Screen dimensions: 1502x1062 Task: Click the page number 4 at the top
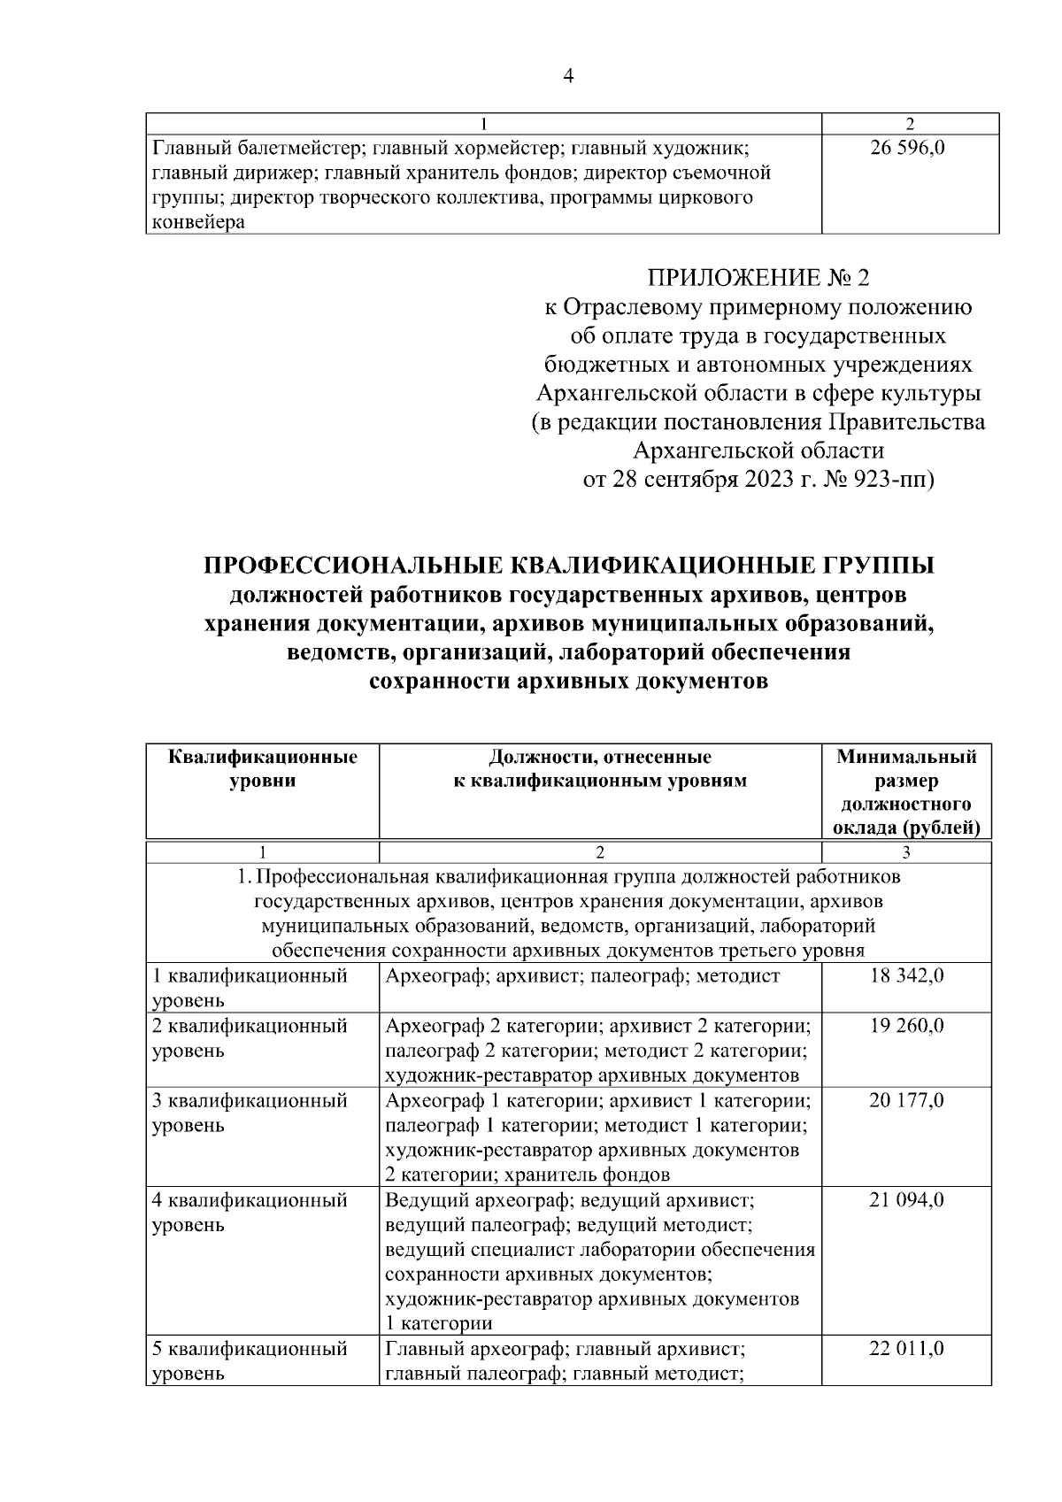click(567, 76)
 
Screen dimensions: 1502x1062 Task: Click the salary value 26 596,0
click(909, 148)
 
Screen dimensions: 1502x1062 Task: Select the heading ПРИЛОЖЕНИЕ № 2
click(758, 278)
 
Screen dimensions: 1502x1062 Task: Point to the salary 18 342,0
click(907, 975)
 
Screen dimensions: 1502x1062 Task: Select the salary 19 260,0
click(907, 1026)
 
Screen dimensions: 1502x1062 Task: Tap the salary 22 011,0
click(907, 1349)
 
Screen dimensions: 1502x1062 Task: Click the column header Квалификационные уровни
click(262, 769)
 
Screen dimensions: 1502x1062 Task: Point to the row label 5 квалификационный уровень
click(249, 1361)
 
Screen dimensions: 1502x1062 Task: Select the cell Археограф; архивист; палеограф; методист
click(582, 976)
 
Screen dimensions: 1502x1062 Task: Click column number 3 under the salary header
click(905, 852)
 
